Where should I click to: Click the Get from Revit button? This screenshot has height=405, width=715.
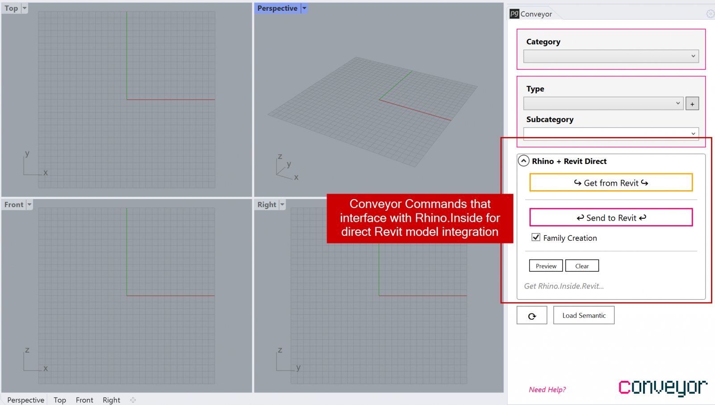611,183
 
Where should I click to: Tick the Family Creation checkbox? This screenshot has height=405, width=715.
536,237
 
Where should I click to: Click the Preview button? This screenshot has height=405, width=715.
546,266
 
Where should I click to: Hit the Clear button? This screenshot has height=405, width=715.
582,266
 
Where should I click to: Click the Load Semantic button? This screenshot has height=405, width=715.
584,315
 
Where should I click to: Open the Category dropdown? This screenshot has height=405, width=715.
611,56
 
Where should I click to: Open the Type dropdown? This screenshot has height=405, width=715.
603,103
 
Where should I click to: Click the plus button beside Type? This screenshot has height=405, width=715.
692,104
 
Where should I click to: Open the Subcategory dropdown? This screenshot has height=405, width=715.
611,134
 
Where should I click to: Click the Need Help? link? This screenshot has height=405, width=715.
547,389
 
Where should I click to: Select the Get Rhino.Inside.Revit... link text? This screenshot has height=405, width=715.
564,286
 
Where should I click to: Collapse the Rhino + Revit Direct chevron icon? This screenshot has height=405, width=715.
524,161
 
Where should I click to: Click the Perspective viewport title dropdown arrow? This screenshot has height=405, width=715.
304,8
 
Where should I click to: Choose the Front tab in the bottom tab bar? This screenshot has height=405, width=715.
84,400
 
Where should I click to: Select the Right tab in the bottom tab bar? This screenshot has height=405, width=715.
111,400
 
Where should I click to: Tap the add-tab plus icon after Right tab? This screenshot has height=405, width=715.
133,400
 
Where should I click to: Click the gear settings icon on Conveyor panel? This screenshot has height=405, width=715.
710,14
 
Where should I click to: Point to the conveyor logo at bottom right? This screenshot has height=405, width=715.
663,387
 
